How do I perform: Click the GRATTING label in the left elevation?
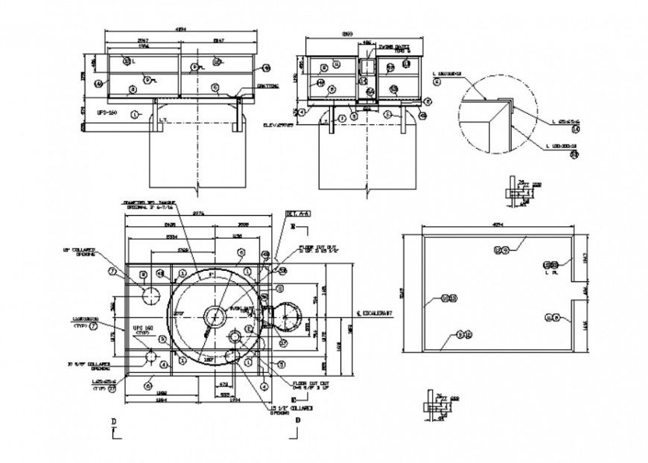click(x=267, y=86)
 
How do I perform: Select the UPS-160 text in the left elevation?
click(x=108, y=112)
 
